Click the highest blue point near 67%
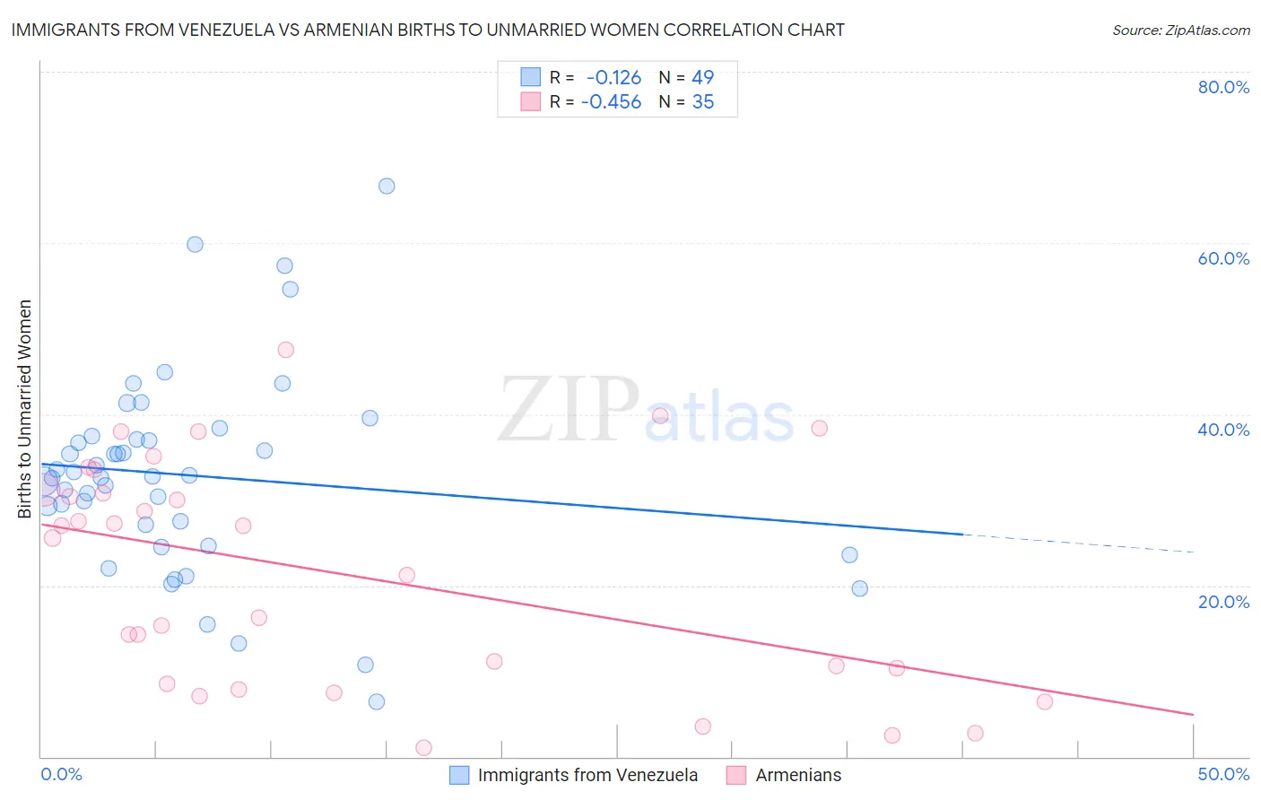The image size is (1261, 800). click(x=387, y=187)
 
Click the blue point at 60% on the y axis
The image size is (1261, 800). click(x=195, y=244)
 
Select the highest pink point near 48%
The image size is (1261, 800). click(x=286, y=350)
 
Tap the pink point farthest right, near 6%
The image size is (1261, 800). click(x=1044, y=702)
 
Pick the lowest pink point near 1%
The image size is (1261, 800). click(x=423, y=748)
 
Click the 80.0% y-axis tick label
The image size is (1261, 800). click(x=1223, y=87)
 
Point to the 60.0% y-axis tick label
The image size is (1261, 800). click(x=1223, y=258)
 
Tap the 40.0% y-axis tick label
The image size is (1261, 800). click(x=1223, y=430)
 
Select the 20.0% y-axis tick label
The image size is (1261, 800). click(x=1223, y=601)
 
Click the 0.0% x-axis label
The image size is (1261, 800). click(x=61, y=774)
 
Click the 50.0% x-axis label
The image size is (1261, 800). click(x=1223, y=774)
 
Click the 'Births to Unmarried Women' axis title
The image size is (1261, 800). click(x=24, y=409)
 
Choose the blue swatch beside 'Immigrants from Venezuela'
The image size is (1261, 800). click(x=459, y=775)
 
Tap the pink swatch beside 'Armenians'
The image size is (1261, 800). click(x=736, y=775)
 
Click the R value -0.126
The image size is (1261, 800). click(x=613, y=77)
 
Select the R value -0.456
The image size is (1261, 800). click(x=611, y=102)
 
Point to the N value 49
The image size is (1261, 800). click(x=703, y=77)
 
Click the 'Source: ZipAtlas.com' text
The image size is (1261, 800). click(x=1180, y=30)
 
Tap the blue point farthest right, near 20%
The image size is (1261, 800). click(x=859, y=588)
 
